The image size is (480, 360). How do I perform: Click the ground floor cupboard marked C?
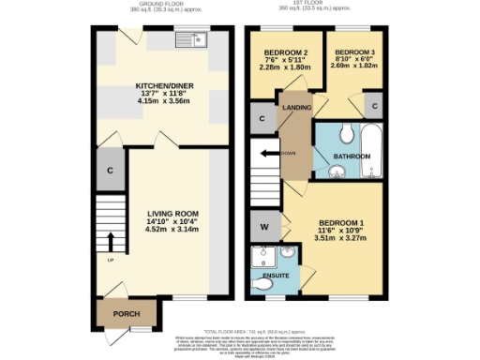coord(111,171)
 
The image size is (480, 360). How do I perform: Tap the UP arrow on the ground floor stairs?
coord(111,242)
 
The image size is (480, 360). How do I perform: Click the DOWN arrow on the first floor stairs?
coord(271,153)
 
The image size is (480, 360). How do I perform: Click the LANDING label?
coord(297,108)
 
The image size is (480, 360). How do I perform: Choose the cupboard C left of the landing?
coord(261,118)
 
